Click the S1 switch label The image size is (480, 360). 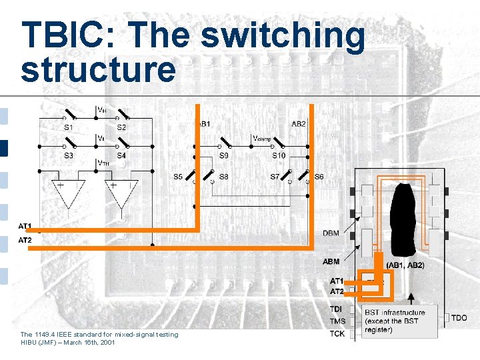(69, 127)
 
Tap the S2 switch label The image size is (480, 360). (121, 127)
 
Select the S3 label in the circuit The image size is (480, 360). (69, 155)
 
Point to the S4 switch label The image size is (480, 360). (121, 155)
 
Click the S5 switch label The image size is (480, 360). (178, 177)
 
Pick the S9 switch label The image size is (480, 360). (224, 155)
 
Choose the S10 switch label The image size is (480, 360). (279, 155)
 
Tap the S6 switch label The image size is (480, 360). (319, 177)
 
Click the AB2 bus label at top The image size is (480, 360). (299, 124)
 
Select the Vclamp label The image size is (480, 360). (261, 138)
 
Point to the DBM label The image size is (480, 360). (331, 233)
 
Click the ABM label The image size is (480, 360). (331, 261)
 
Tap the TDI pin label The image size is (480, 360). (337, 309)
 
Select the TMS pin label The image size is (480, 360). (337, 321)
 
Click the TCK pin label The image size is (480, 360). (337, 333)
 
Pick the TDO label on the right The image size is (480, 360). (459, 318)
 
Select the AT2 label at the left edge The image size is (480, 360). (25, 240)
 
